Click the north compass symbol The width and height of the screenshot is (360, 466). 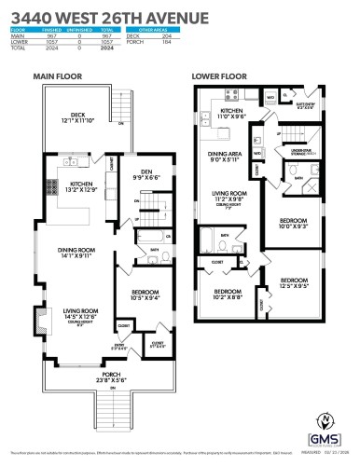click(x=326, y=419)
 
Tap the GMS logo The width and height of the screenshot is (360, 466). click(x=325, y=442)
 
